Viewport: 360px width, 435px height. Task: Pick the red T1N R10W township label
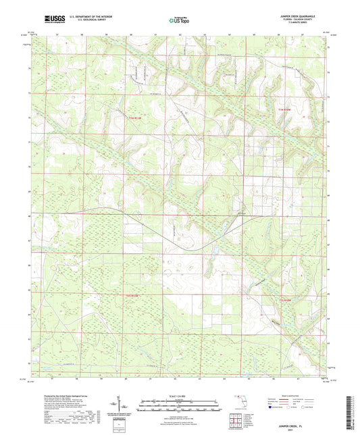[x=286, y=109]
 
